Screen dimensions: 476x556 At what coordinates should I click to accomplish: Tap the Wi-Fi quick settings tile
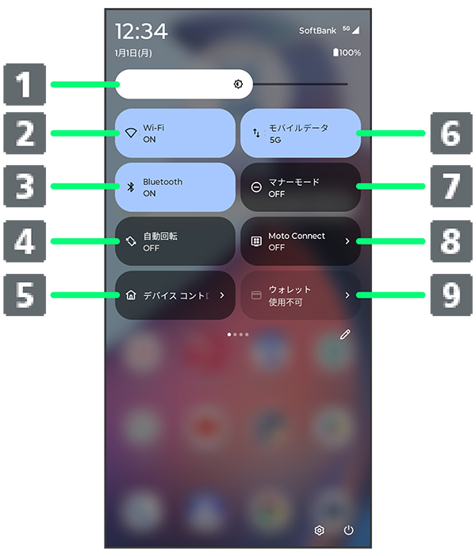[x=175, y=133]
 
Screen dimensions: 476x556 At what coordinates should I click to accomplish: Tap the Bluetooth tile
[x=175, y=187]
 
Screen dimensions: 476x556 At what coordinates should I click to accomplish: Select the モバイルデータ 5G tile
[x=301, y=133]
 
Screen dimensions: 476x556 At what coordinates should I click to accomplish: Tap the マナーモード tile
[x=301, y=187]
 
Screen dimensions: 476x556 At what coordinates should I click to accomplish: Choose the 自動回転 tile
[x=175, y=241]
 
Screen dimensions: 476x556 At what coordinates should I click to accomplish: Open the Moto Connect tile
[x=301, y=241]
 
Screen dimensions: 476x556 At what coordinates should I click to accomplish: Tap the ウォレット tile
[x=301, y=295]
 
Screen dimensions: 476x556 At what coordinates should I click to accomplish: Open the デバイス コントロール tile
[x=175, y=295]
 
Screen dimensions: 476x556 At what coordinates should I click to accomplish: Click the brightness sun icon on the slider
[x=238, y=84]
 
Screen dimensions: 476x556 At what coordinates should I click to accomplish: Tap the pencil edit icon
[x=345, y=334]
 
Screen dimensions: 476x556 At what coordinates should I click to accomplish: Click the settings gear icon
[x=319, y=531]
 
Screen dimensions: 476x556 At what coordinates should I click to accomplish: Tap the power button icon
[x=349, y=530]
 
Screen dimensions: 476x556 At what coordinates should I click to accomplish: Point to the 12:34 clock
[x=141, y=31]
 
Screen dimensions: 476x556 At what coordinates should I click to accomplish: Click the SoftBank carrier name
[x=317, y=31]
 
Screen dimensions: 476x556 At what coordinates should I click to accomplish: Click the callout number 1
[x=25, y=84]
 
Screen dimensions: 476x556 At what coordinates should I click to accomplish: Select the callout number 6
[x=451, y=133]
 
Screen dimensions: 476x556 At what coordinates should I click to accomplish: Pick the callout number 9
[x=451, y=295]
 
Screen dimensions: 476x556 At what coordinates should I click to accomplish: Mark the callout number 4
[x=25, y=241]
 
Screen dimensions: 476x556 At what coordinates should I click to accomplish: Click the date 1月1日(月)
[x=133, y=53]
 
